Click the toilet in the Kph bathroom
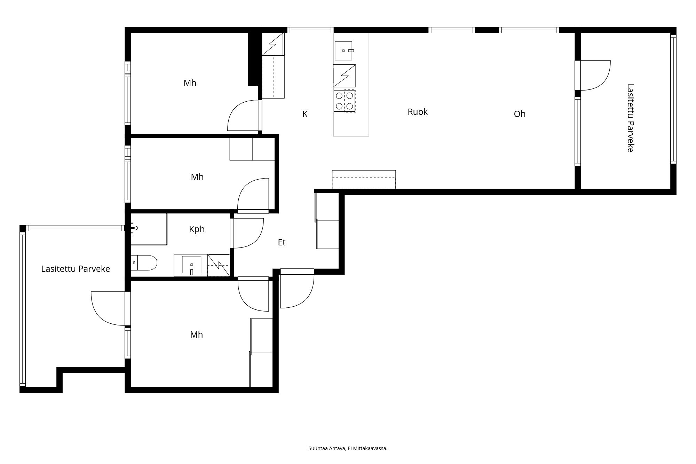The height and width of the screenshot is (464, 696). click(144, 263)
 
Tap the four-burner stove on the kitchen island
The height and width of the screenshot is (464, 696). click(345, 101)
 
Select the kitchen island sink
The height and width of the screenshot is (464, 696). click(343, 51)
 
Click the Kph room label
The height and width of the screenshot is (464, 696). click(197, 229)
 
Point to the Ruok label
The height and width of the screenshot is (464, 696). click(418, 112)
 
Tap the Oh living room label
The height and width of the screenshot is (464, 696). click(520, 114)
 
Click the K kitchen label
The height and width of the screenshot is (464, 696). click(305, 114)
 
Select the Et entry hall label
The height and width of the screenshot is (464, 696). click(282, 243)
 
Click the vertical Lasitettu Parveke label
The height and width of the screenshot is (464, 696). click(630, 118)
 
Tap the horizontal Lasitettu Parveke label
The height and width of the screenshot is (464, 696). click(76, 269)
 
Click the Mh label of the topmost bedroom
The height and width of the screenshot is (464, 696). click(190, 83)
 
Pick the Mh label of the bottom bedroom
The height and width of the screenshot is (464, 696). click(197, 335)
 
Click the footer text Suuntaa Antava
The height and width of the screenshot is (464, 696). click(327, 448)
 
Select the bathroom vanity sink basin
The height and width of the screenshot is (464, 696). click(191, 265)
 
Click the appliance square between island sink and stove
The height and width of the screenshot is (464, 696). click(345, 76)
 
